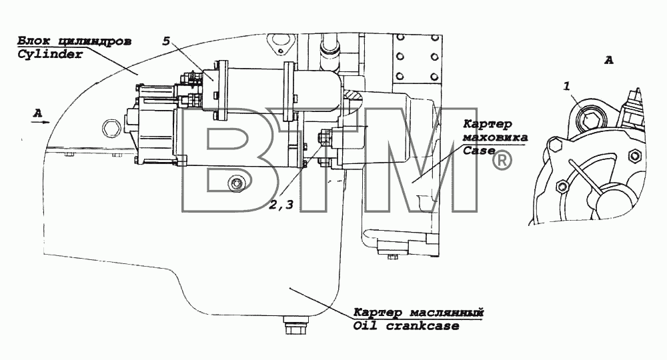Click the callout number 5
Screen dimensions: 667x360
coord(166,41)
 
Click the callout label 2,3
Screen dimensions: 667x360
coord(281,205)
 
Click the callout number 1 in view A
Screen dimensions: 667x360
coord(566,86)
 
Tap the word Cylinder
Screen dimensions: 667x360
coord(49,55)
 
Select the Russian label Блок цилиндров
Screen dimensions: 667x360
coord(74,41)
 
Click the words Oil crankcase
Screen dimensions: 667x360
coord(406,326)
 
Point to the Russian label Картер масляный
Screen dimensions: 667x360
coord(419,313)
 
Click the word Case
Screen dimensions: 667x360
coord(478,151)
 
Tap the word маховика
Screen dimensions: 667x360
coord(495,137)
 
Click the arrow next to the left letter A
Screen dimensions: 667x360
coord(41,121)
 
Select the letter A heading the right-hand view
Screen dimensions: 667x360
coord(609,61)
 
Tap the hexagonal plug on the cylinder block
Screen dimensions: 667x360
coord(111,127)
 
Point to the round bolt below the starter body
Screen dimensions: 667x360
coord(235,184)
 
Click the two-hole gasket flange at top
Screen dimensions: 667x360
coord(277,44)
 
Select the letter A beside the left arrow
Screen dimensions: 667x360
coord(38,113)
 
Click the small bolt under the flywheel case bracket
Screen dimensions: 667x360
coord(392,256)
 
